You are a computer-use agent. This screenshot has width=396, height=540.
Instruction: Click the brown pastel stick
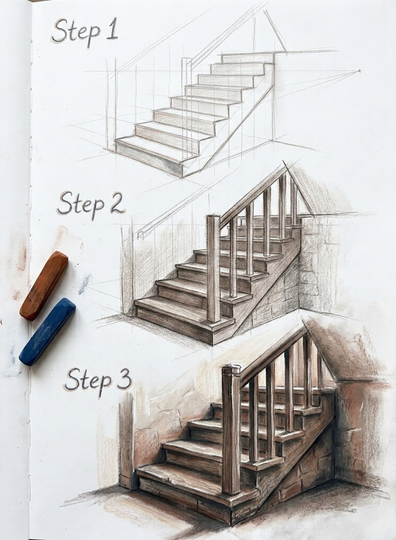pos(44,285)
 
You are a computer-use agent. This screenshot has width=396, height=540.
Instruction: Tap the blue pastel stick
pos(47,332)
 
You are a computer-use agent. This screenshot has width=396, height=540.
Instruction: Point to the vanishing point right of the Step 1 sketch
pos(360,71)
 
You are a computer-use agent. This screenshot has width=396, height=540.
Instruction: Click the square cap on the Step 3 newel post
pos(231,371)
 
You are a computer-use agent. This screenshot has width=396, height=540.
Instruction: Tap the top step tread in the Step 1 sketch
pos(246,56)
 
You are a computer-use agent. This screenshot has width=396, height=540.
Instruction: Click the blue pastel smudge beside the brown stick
pos(84,285)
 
